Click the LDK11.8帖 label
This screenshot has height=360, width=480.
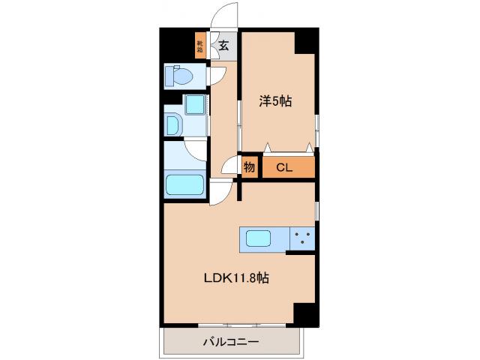click(x=237, y=278)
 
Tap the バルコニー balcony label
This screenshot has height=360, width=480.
click(x=231, y=342)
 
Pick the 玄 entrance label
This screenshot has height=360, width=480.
click(x=224, y=45)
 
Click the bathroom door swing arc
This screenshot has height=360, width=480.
click(x=193, y=150)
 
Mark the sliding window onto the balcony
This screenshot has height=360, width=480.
click(x=232, y=325)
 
